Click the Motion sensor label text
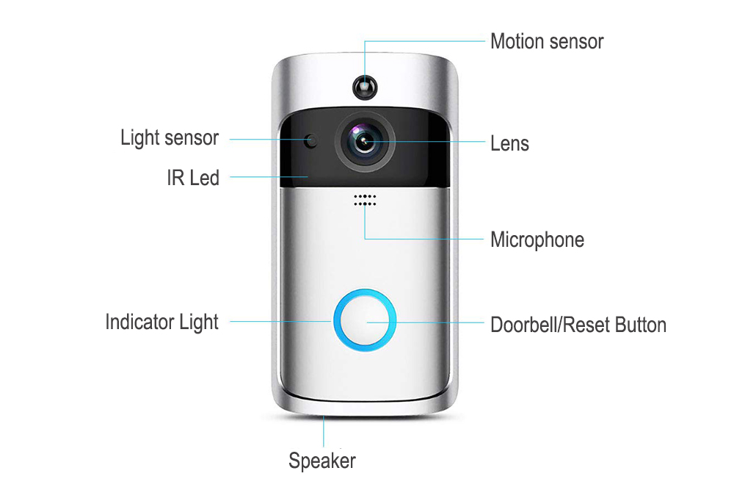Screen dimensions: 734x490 coord(547,41)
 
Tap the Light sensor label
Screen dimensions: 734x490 coord(170,138)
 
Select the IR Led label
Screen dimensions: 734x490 coord(193,178)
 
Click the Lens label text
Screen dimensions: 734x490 coord(510,143)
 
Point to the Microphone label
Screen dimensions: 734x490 coord(537,239)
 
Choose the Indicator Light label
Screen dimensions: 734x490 coord(162,323)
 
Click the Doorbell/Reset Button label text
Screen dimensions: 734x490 coord(578,325)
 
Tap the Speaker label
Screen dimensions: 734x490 coord(322,461)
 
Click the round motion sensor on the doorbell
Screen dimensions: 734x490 coord(365,87)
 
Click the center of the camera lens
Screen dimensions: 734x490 coord(365,141)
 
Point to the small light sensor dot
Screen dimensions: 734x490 coord(310,140)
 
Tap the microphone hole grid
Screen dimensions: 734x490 coord(365,200)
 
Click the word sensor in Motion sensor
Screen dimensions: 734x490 coord(576,42)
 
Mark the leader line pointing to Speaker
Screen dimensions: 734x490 coord(324,431)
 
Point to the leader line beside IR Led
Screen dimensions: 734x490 coord(269,176)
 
